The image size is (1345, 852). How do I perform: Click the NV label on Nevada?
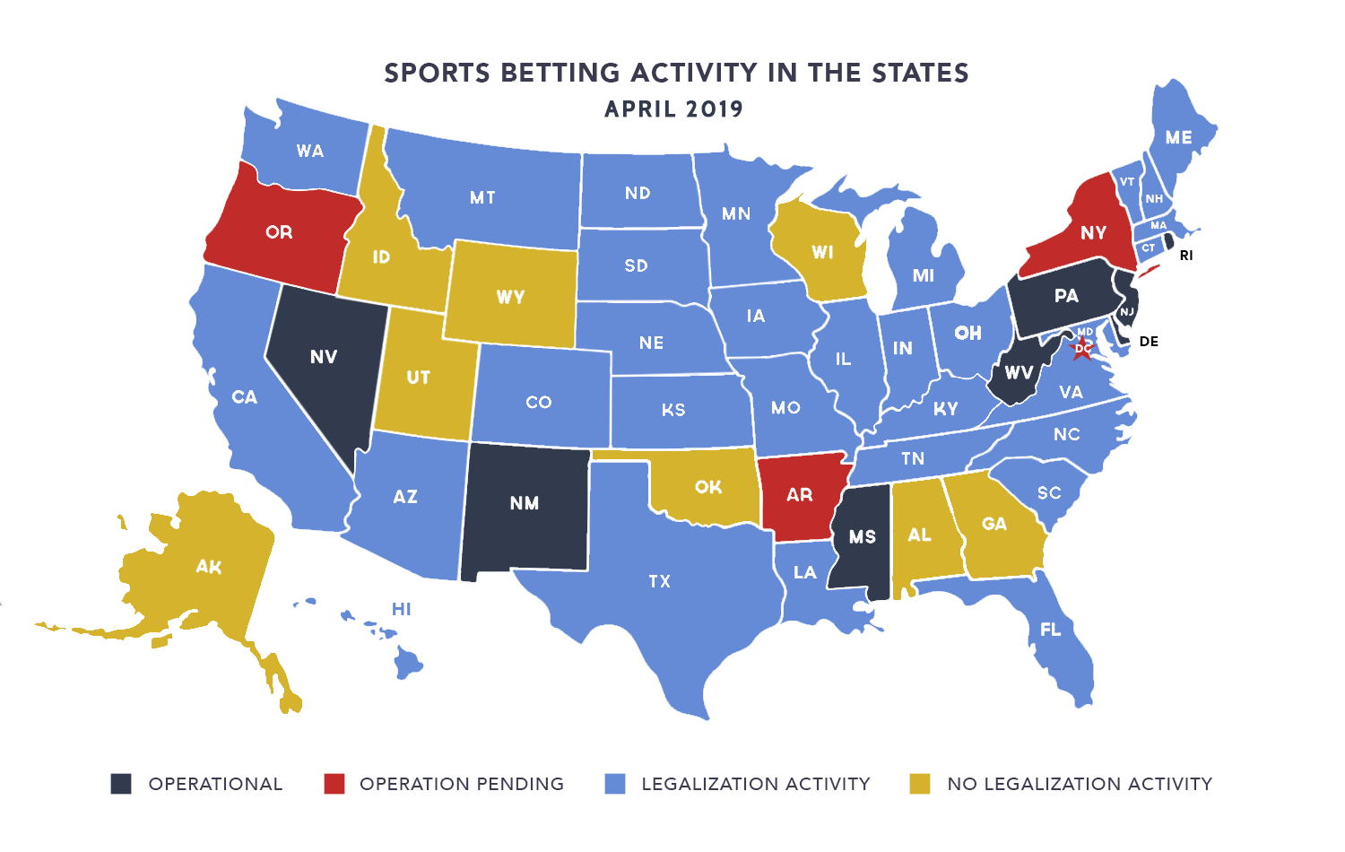pos(324,357)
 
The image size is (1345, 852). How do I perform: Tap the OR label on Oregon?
pos(279,232)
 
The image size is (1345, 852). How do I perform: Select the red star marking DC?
pos(1083,348)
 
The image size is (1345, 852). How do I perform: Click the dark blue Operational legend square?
pos(121,784)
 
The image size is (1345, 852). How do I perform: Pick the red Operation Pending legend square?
pos(334,784)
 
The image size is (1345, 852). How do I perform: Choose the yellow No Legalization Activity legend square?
pos(920,784)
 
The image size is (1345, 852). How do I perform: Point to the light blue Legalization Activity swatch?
pos(615,784)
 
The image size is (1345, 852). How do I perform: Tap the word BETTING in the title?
pos(560,73)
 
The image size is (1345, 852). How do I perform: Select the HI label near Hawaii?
pos(402,609)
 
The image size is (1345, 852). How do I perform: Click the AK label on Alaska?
pos(209,567)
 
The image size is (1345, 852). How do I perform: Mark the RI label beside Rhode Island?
pos(1186,256)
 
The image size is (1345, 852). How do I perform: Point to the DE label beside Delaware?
pos(1149,342)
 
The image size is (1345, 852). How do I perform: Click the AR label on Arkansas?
pos(800,495)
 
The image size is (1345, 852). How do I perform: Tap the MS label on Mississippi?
pos(863,536)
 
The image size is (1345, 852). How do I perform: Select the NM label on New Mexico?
pos(525,503)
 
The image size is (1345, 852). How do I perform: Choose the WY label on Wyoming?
pos(510,297)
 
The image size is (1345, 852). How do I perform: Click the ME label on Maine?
pos(1179,137)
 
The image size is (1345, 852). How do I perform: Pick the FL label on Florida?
pos(1051,630)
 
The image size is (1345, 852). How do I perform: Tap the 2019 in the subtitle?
pos(715,109)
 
